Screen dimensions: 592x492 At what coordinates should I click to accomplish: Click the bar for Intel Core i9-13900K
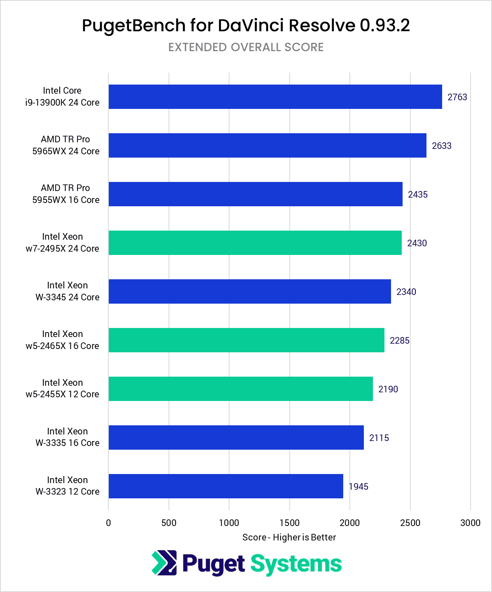[275, 97]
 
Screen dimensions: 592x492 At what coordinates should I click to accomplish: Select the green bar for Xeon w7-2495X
[255, 243]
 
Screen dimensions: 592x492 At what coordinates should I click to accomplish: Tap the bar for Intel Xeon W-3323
[225, 486]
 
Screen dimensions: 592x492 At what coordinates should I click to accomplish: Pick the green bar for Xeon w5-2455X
[240, 389]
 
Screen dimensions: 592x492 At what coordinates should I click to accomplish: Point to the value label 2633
[441, 146]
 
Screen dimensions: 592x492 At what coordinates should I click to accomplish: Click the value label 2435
[417, 195]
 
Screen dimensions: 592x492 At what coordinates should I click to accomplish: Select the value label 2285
[399, 341]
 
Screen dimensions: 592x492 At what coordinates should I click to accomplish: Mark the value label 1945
[358, 487]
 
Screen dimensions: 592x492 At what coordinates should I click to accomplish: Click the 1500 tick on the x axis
[289, 523]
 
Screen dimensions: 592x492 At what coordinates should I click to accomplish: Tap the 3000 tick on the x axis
[470, 523]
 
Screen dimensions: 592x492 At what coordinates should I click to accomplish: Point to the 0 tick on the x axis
[108, 523]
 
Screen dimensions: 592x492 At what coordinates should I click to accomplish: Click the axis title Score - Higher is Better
[289, 538]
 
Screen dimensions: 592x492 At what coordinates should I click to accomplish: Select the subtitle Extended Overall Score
[246, 47]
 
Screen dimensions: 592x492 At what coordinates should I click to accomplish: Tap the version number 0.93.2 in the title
[384, 26]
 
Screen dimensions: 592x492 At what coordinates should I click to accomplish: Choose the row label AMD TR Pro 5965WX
[66, 145]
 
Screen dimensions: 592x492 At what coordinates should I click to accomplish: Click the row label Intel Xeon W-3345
[67, 291]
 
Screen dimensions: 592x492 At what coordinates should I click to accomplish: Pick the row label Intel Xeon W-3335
[67, 437]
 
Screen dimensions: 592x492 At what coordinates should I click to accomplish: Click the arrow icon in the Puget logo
[164, 563]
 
